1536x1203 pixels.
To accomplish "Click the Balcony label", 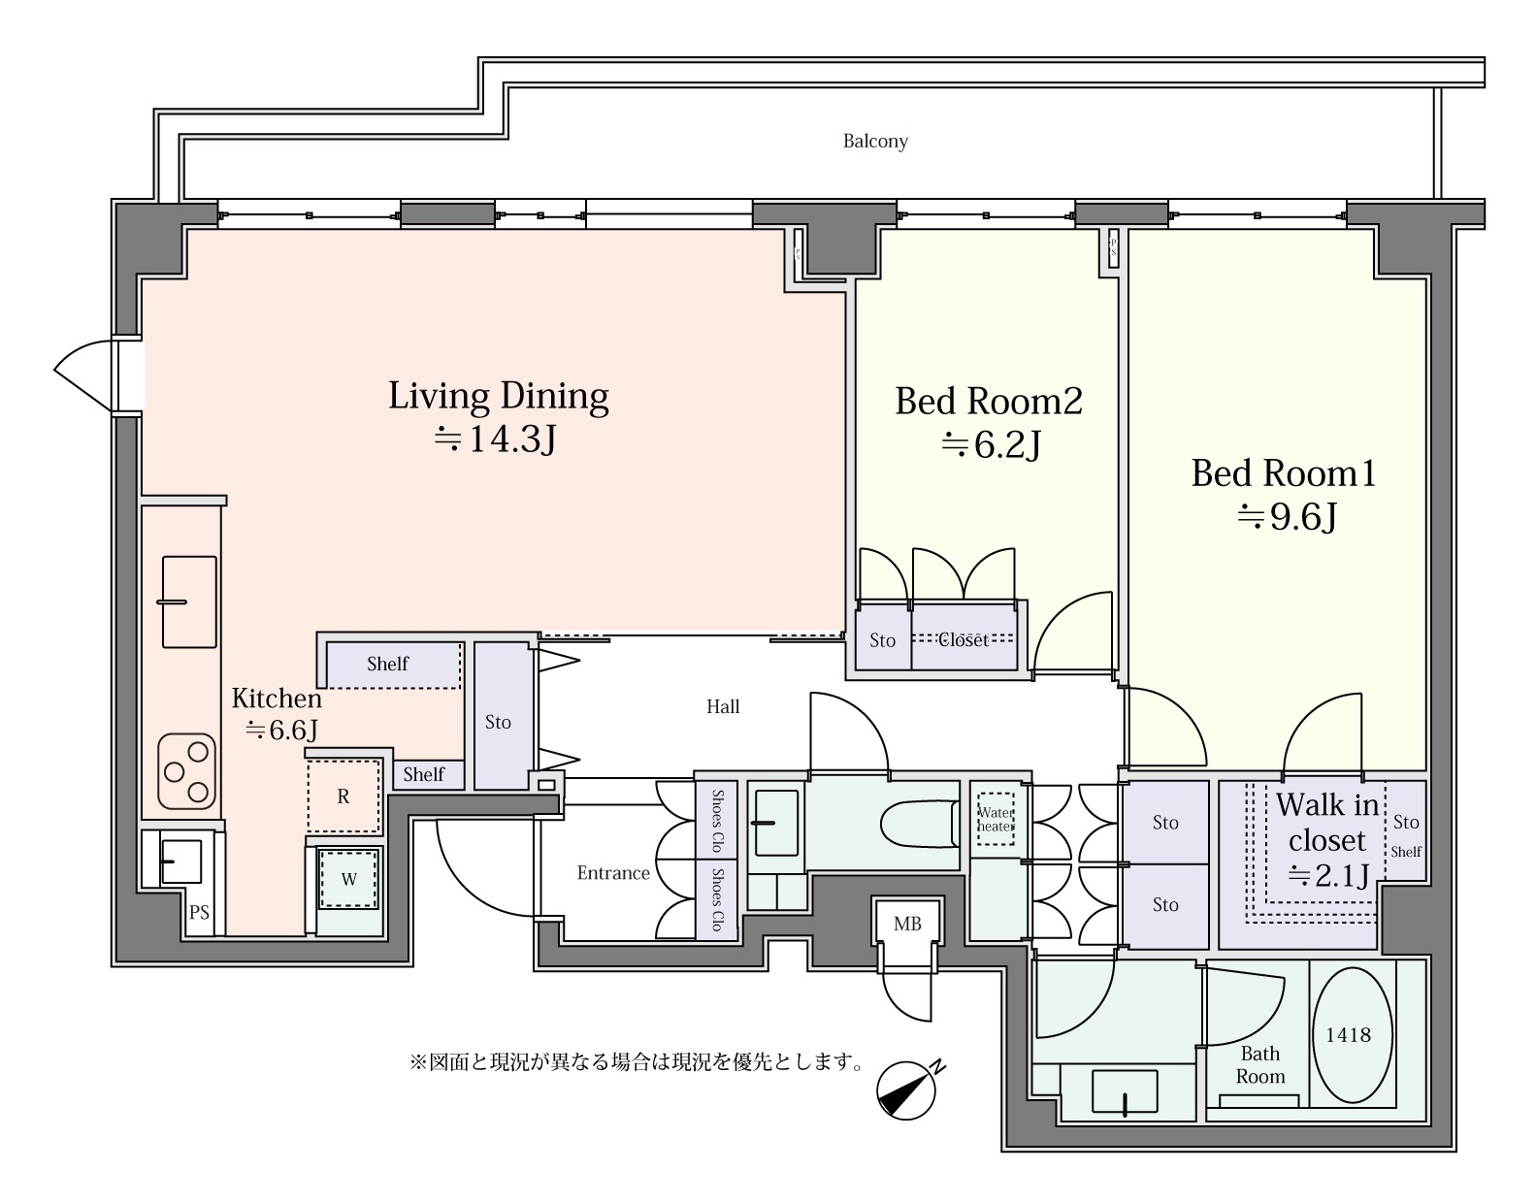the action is click(x=875, y=142).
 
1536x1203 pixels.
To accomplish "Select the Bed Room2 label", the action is click(x=989, y=401).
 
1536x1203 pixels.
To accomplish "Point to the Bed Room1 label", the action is click(x=1284, y=472).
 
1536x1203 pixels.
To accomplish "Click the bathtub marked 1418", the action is click(x=1353, y=1035).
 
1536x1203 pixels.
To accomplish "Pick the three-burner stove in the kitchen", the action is click(x=186, y=770).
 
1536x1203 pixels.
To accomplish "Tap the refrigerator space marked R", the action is click(x=343, y=797).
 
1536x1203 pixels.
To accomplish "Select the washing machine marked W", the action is click(x=348, y=880).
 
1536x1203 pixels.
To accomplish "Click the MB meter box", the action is click(x=907, y=924).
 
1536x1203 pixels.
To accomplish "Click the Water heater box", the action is click(x=996, y=820).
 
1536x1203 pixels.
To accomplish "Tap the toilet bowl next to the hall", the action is click(x=920, y=823).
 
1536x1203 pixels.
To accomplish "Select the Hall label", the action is click(x=723, y=706).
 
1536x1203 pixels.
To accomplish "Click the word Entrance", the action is click(x=613, y=873).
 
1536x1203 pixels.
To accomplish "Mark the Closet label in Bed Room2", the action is click(x=964, y=640).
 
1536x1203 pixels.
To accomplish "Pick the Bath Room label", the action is click(x=1260, y=1065).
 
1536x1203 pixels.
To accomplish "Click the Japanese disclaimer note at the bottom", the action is click(x=637, y=1061).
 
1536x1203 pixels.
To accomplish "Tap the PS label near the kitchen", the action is click(x=199, y=913).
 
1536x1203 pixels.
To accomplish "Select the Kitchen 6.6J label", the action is click(x=278, y=713).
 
